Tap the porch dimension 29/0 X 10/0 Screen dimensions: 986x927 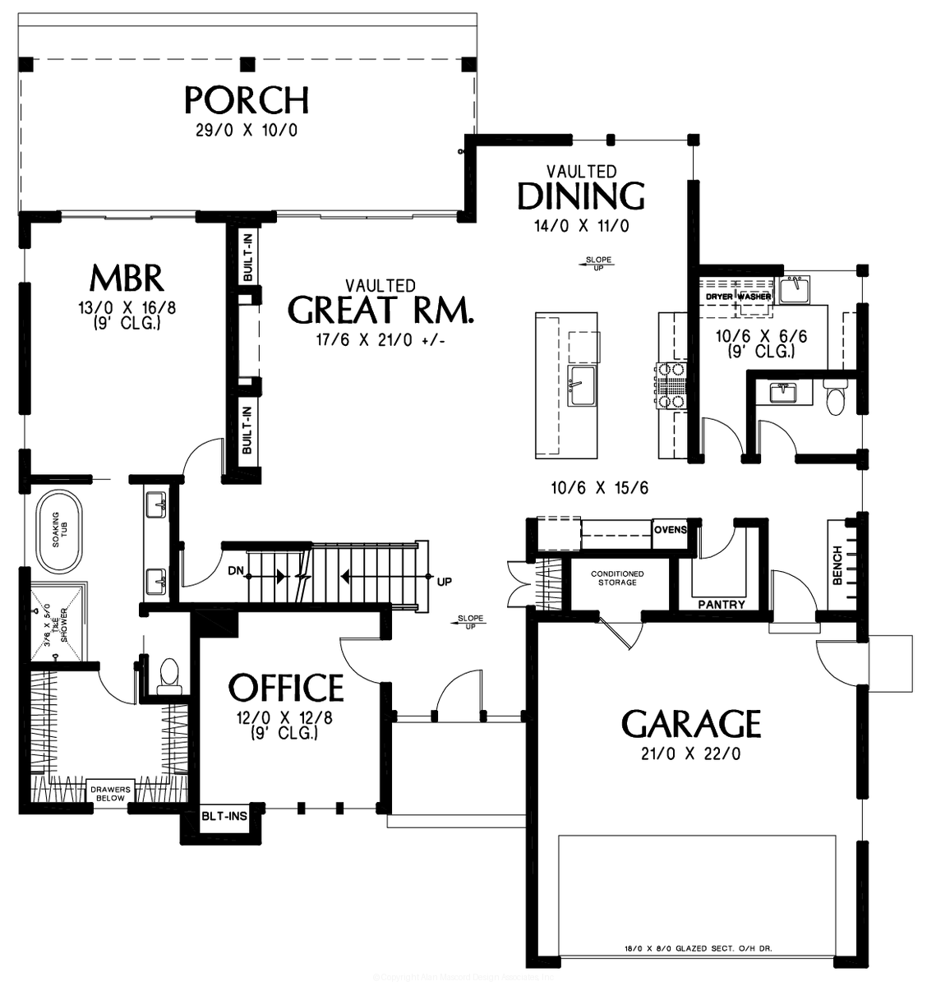pos(247,131)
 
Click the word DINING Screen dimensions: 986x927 pos(581,196)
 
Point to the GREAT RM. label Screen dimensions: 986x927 pos(382,310)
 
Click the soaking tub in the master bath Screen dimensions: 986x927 pos(55,531)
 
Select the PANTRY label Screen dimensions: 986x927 pos(721,606)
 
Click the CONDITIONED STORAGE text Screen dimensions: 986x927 pos(617,578)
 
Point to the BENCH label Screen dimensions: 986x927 pos(837,565)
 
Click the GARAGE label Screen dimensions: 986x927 pos(690,724)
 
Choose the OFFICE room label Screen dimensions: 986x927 pos(286,687)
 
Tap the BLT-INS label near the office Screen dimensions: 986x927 pos(224,818)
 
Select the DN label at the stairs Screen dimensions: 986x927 pos(236,570)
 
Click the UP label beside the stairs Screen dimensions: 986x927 pos(445,582)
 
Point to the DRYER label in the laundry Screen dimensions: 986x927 pos(719,296)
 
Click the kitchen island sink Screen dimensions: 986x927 pos(581,386)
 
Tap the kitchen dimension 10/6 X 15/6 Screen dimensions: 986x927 pos(600,488)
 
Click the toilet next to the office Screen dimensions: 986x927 pos(169,671)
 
